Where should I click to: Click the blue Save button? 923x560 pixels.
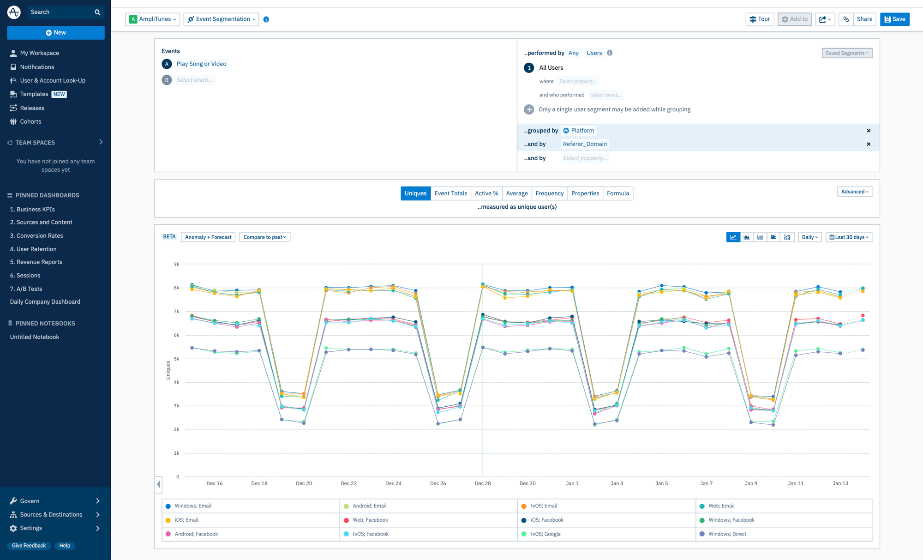click(x=894, y=19)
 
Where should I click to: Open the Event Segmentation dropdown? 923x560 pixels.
click(x=221, y=19)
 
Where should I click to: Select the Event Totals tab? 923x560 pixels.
click(x=450, y=193)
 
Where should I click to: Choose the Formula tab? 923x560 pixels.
click(x=617, y=193)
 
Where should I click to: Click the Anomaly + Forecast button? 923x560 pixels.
click(x=208, y=237)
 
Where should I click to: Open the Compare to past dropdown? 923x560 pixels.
click(x=264, y=237)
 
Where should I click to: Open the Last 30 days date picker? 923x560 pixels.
click(x=849, y=237)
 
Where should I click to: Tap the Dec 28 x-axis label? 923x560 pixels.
click(x=483, y=483)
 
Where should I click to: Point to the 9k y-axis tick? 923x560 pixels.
click(x=176, y=264)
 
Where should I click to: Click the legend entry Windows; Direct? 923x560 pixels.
click(x=727, y=534)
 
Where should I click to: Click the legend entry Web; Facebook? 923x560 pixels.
click(x=370, y=520)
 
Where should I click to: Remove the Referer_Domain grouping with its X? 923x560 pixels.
click(x=869, y=144)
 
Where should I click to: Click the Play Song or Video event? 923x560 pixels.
click(x=201, y=64)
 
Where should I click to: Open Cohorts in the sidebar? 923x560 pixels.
click(x=30, y=121)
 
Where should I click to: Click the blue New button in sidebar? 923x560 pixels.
click(x=56, y=33)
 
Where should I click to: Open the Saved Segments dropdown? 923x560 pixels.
click(x=847, y=53)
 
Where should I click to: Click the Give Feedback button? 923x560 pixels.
click(x=29, y=546)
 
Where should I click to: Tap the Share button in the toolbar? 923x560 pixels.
click(x=864, y=19)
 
